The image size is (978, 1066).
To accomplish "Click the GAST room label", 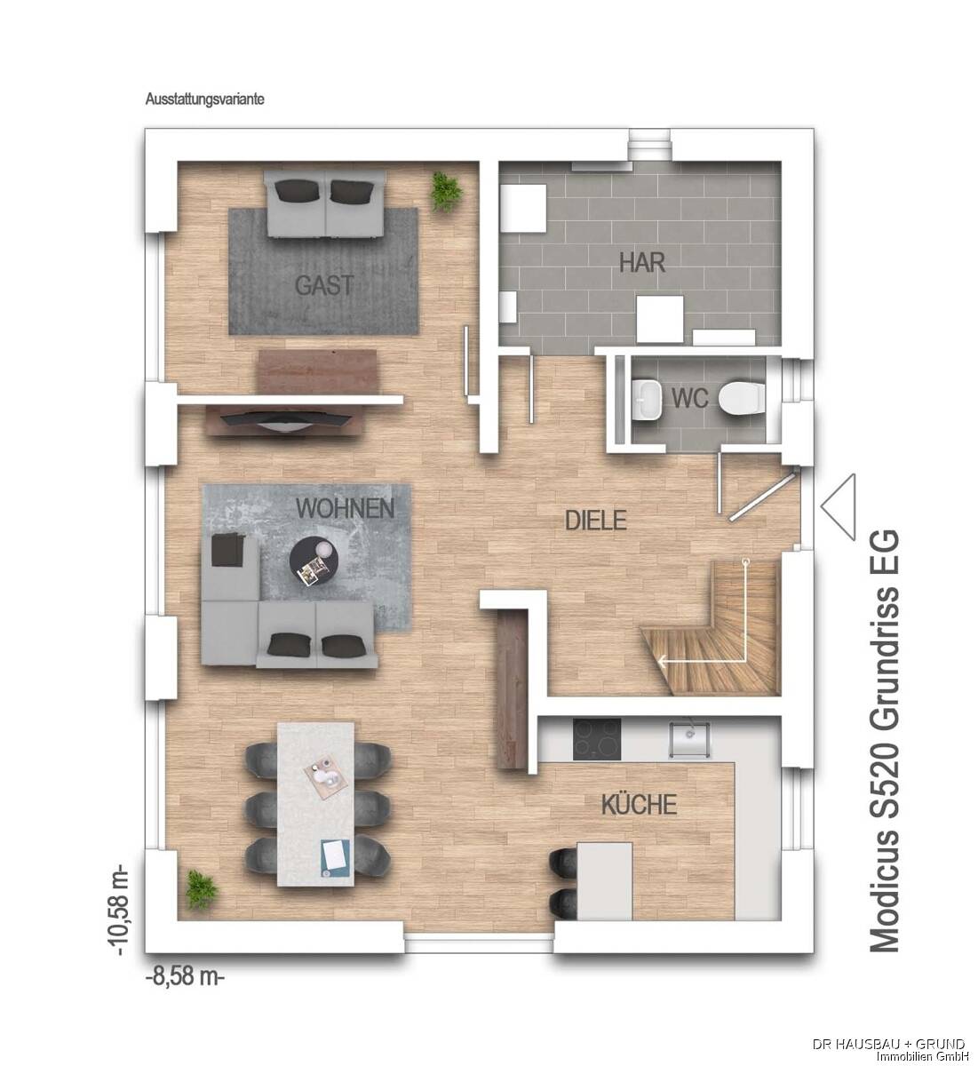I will coord(324,285).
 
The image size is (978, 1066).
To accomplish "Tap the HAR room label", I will coord(642,263).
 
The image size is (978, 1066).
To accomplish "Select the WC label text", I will coord(689,399).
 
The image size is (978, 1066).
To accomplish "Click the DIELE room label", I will coord(596,520).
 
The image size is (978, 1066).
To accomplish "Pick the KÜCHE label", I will coord(639,805).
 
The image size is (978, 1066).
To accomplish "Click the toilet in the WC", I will coord(740,398).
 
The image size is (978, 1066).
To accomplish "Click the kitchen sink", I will coord(689,737).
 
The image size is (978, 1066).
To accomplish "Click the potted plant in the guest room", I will coord(444,190).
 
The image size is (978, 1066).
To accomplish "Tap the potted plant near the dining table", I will coord(199,887).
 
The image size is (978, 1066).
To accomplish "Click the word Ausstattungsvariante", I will coord(204,100).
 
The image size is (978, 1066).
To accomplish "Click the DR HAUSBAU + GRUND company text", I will coord(888,1041).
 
